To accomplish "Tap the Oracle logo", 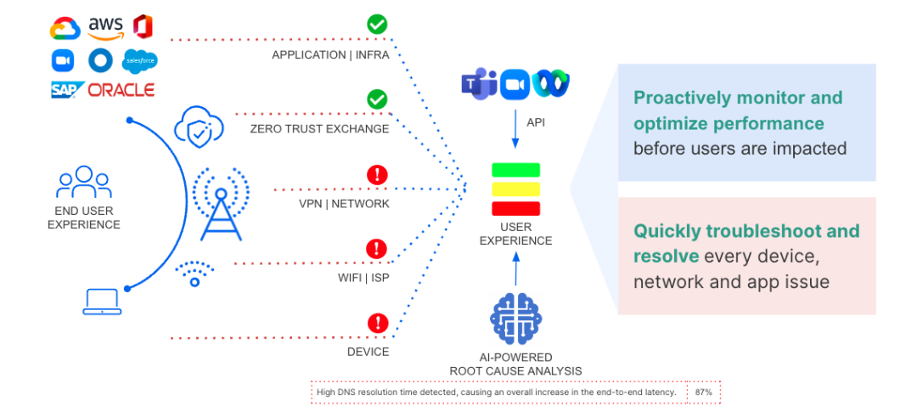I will click(121, 89).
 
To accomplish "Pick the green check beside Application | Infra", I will click(377, 24).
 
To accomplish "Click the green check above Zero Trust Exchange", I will click(377, 99).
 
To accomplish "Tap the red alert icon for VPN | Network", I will click(377, 175).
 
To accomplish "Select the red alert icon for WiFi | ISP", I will click(377, 249).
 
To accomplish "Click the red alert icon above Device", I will click(377, 324).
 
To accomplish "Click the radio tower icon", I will click(221, 203).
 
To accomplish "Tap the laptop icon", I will click(101, 302).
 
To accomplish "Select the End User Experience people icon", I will click(83, 182).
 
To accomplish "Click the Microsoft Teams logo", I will click(478, 85).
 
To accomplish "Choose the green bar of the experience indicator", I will click(516, 170).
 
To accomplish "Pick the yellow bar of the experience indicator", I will click(516, 189).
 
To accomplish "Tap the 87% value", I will click(702, 392).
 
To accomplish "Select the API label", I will click(536, 123).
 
